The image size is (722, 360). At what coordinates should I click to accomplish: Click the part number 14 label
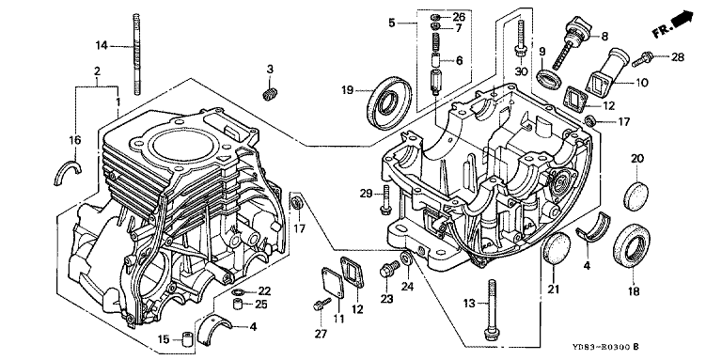[x=102, y=45]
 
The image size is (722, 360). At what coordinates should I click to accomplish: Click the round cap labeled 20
[x=637, y=196]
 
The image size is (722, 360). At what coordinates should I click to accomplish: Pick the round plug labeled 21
[x=556, y=248]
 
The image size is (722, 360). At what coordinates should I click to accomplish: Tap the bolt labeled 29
[x=385, y=200]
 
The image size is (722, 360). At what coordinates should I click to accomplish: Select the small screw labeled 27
[x=322, y=304]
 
